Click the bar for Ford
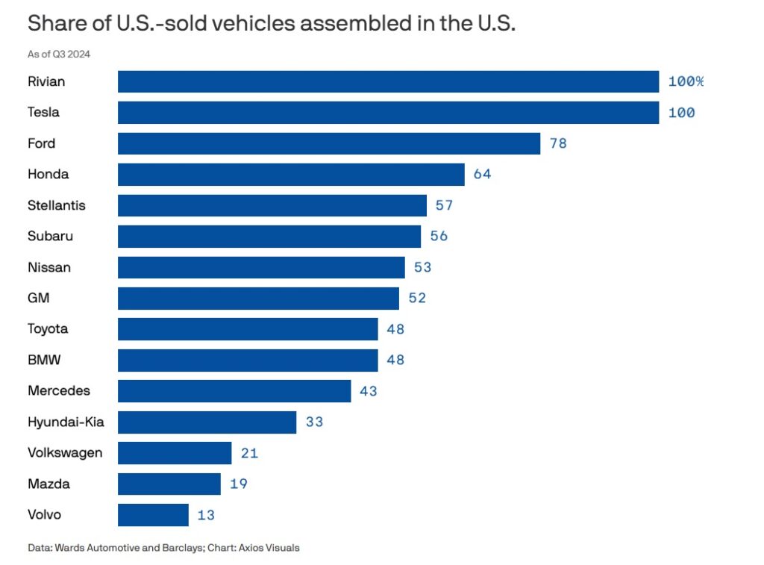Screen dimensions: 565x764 (x=328, y=143)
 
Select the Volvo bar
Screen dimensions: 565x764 (x=153, y=514)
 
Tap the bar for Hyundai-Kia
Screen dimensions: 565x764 (x=207, y=422)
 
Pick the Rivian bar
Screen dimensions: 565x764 (x=388, y=81)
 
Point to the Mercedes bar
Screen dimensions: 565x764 (x=234, y=390)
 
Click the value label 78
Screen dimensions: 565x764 (x=558, y=143)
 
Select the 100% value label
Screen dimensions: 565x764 (x=686, y=81)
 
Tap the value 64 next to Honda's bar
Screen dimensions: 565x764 (x=482, y=175)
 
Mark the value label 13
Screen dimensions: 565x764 (x=207, y=514)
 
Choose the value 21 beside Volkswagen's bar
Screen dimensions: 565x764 (x=249, y=453)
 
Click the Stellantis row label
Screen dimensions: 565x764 (x=57, y=205)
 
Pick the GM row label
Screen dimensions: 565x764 (x=38, y=298)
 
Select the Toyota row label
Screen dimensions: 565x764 (x=48, y=329)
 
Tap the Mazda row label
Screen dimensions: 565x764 (x=48, y=484)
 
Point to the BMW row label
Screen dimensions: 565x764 (x=44, y=360)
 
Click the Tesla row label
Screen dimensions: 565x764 (x=43, y=113)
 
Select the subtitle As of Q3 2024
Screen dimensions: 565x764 (x=59, y=54)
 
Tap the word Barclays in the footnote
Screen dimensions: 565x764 (x=184, y=548)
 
